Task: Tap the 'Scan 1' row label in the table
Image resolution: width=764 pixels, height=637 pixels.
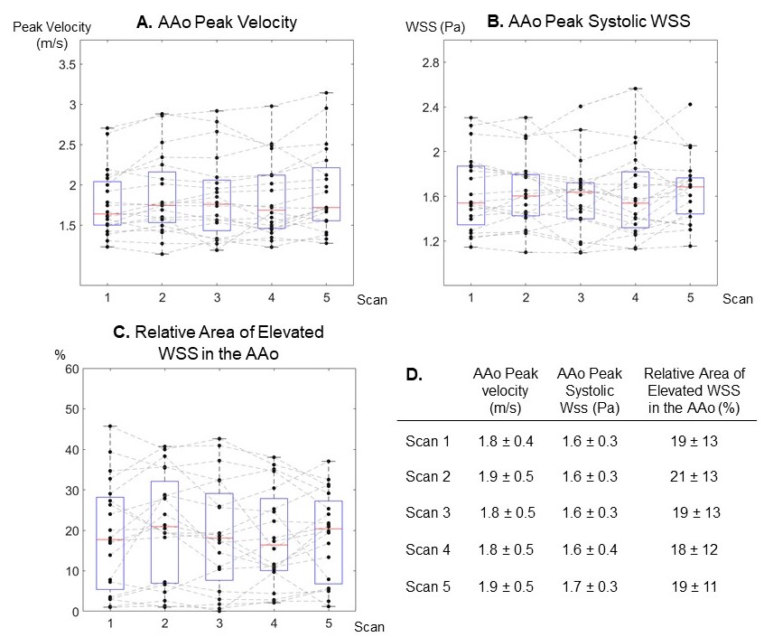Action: (x=422, y=440)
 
